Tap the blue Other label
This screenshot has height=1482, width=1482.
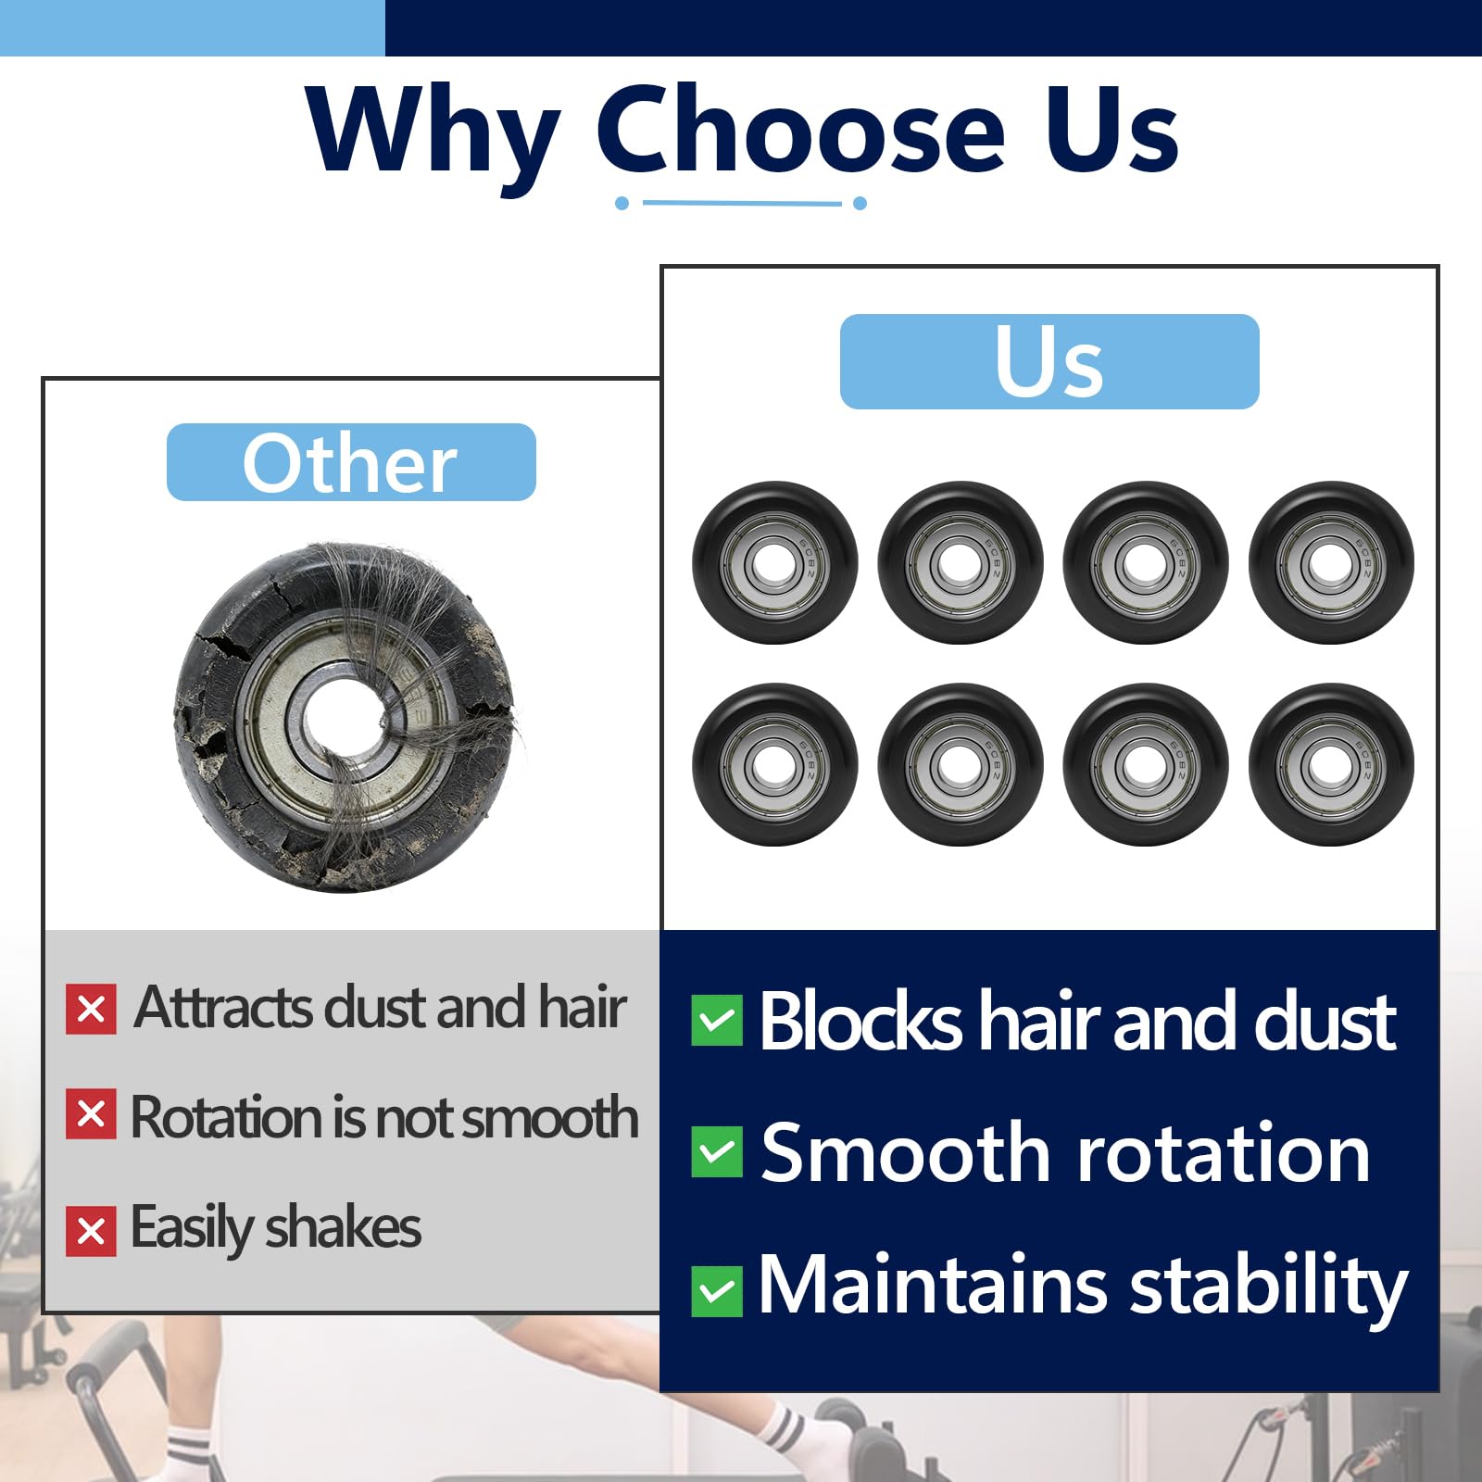point(351,462)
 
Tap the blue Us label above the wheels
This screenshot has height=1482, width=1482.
point(1049,361)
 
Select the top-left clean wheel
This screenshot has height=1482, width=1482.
point(775,562)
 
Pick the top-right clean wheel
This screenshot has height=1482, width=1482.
point(1331,562)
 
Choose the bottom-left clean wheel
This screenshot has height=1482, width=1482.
point(775,764)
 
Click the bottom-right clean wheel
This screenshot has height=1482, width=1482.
point(1331,764)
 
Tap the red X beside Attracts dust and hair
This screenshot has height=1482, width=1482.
point(91,1009)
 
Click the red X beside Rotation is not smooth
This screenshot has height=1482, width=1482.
point(91,1114)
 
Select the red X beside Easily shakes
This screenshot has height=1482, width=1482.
point(91,1231)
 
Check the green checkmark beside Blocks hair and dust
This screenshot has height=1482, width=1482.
point(717,1021)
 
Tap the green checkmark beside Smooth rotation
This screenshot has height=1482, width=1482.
point(717,1152)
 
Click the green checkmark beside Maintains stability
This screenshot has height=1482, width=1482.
point(717,1291)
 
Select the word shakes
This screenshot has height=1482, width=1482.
point(343,1227)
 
